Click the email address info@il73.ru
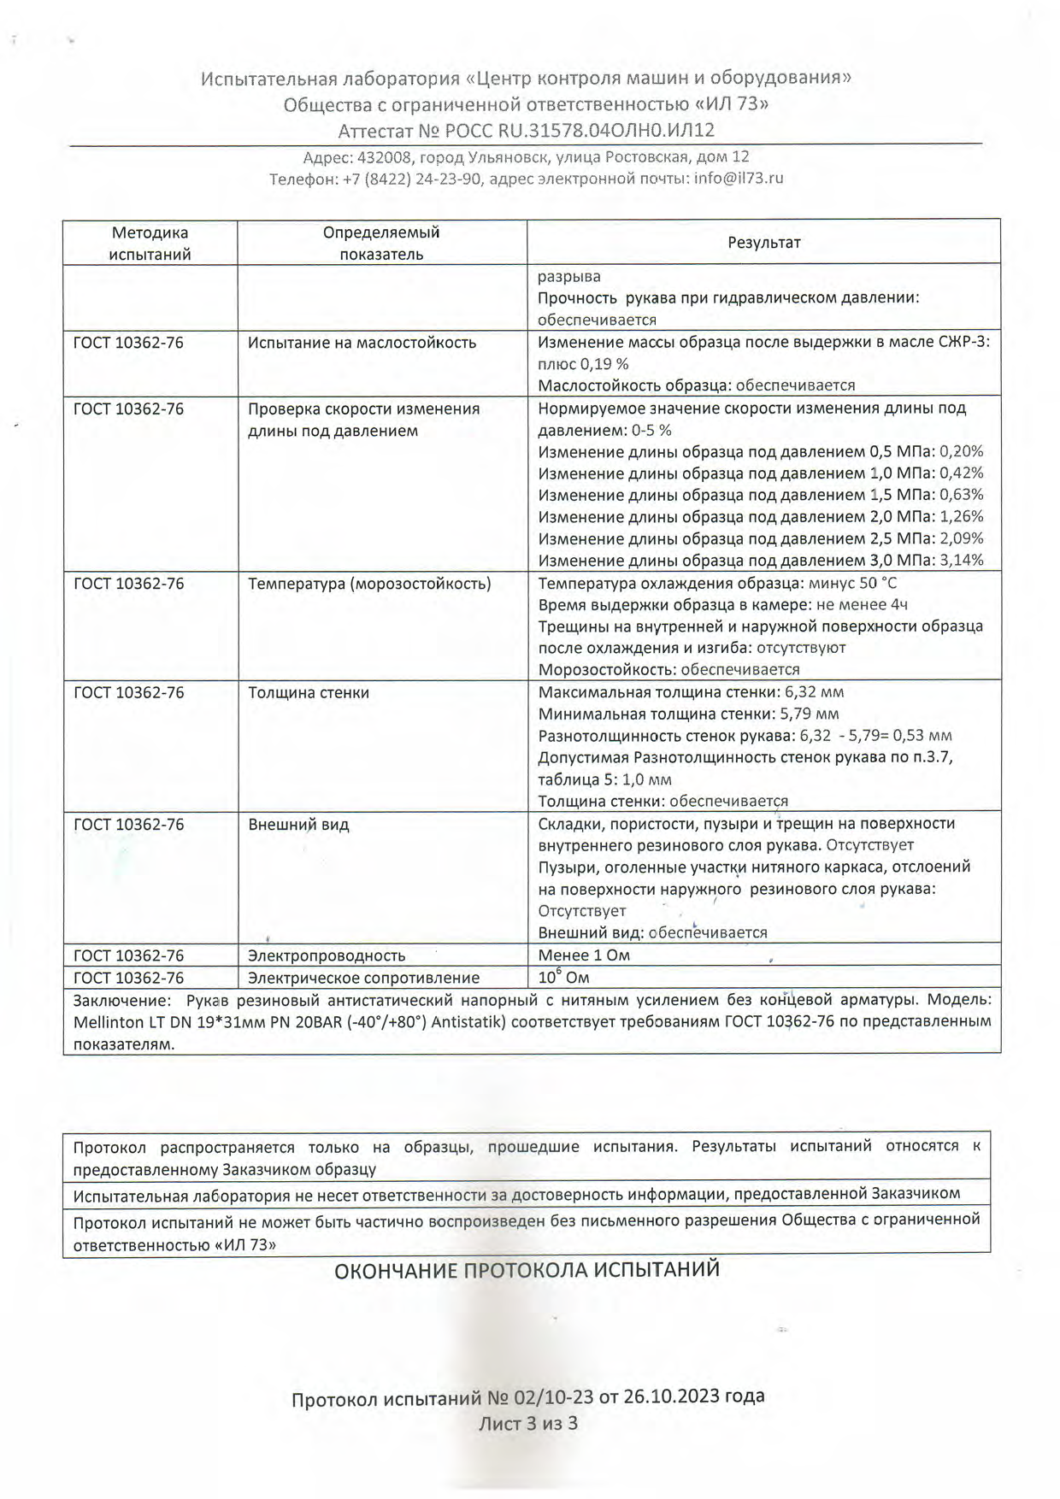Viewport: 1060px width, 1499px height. tap(739, 179)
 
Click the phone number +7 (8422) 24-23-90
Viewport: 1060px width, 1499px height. tap(413, 179)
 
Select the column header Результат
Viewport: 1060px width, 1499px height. tap(763, 243)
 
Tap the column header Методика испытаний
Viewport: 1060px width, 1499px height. tap(150, 244)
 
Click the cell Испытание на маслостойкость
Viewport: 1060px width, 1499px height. tap(362, 343)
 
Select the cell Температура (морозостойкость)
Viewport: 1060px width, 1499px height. tap(369, 584)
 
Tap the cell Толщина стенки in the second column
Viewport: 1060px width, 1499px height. tap(309, 692)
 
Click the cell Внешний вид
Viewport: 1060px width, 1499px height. tap(298, 825)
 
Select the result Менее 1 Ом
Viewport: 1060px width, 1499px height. tap(584, 955)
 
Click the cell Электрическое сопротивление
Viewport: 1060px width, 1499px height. tap(363, 978)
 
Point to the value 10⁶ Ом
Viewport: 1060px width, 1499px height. tap(563, 977)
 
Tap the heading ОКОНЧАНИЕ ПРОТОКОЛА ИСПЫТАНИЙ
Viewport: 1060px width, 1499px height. tap(527, 1270)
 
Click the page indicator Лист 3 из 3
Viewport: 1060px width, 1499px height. tap(528, 1423)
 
